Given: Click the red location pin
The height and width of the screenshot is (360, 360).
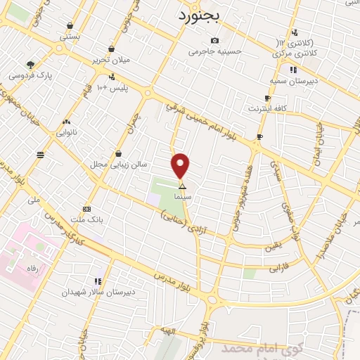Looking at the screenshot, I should (x=181, y=166).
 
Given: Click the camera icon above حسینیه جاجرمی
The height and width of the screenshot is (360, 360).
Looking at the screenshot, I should (x=214, y=40).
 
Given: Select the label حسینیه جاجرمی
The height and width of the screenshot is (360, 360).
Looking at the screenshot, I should (x=215, y=51).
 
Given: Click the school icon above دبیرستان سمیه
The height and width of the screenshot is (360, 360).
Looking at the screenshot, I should (x=292, y=70).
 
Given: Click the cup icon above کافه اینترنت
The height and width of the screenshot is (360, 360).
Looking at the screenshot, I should (x=267, y=98).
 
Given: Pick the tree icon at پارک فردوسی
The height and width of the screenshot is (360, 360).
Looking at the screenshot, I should (x=30, y=64).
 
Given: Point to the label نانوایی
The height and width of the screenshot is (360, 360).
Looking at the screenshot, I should (x=66, y=131).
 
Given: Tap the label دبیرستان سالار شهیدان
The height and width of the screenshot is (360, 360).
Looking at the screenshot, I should (x=98, y=290).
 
